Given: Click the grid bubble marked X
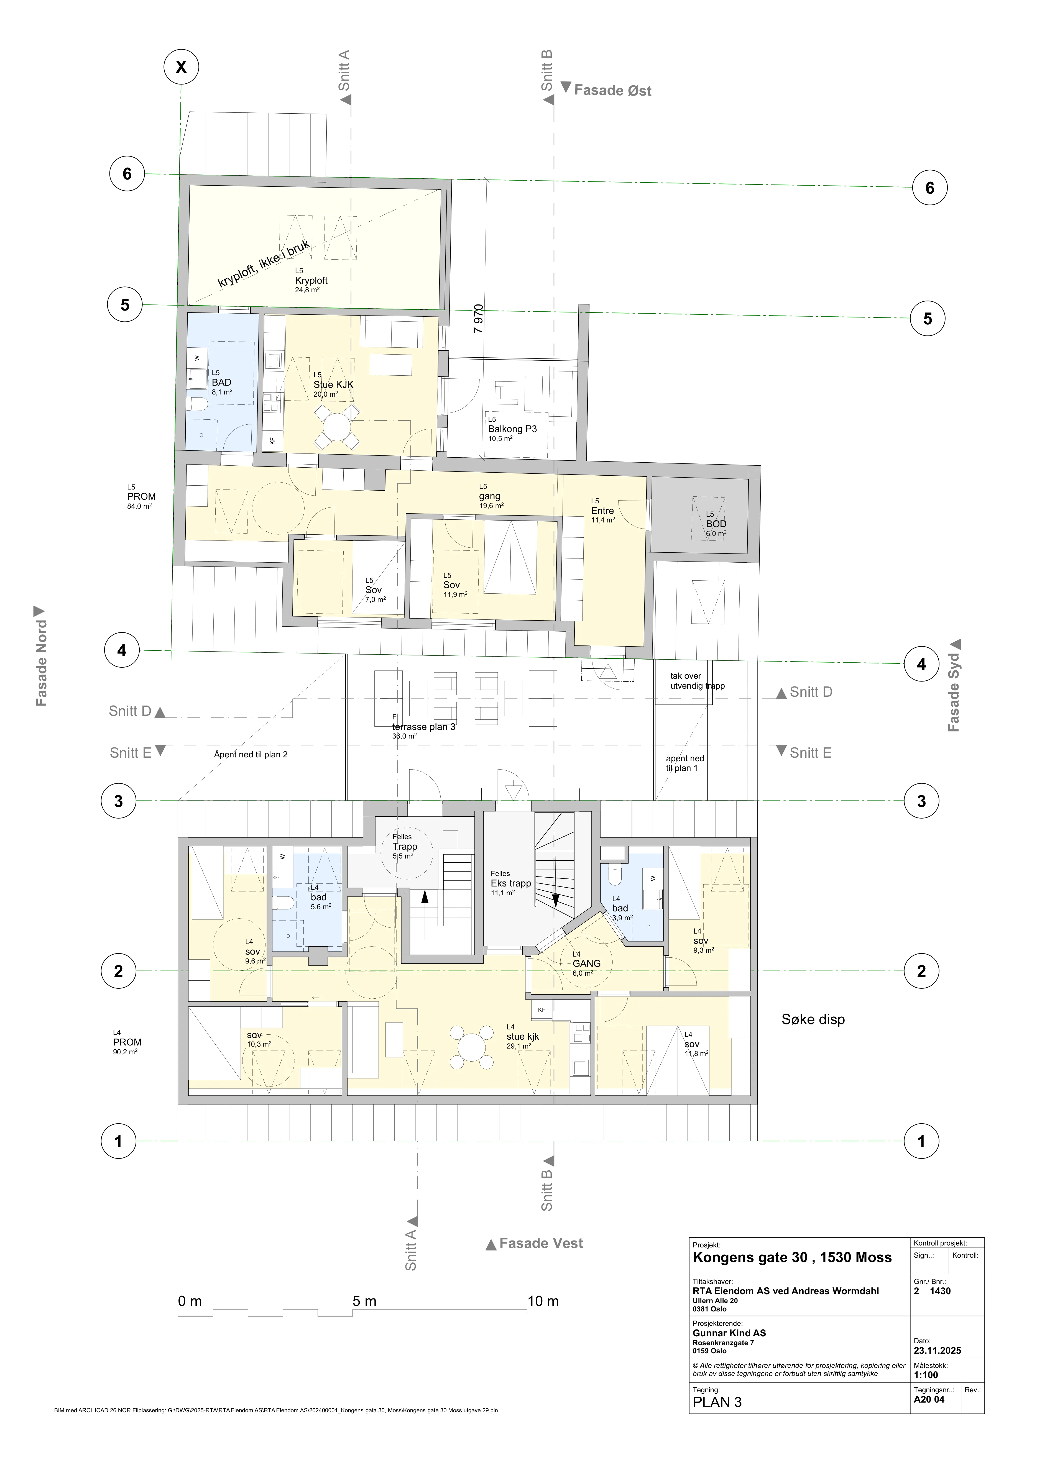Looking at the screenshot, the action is [181, 67].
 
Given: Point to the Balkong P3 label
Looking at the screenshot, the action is [512, 429].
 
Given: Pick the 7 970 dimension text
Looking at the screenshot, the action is [478, 319].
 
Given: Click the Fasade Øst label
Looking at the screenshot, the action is [612, 91].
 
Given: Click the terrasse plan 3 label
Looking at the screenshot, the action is [423, 727].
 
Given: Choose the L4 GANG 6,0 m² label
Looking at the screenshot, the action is [586, 963].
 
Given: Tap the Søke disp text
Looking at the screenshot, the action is [813, 1020].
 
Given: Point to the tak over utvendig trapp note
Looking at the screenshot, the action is [697, 681].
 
